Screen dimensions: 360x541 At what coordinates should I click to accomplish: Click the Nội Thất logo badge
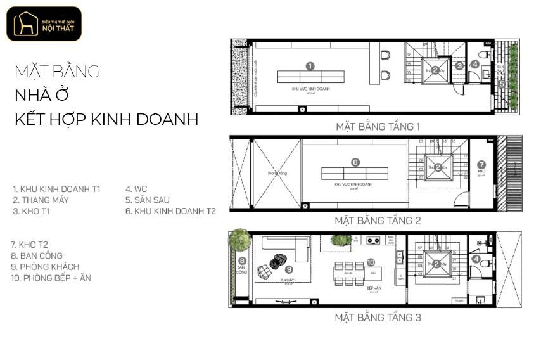pyautogui.click(x=44, y=24)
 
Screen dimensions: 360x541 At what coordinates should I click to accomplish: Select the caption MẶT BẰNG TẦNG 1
pyautogui.click(x=378, y=127)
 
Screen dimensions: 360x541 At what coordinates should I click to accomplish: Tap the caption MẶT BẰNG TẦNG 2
pyautogui.click(x=378, y=221)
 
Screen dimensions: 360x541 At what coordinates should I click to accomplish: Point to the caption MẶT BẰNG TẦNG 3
pyautogui.click(x=378, y=318)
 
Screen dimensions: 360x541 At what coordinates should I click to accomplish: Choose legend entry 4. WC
pyautogui.click(x=137, y=189)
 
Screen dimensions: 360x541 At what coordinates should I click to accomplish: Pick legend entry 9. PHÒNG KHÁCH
pyautogui.click(x=46, y=267)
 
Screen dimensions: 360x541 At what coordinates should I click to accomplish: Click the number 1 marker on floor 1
pyautogui.click(x=310, y=66)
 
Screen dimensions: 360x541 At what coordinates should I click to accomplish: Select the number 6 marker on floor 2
pyautogui.click(x=355, y=162)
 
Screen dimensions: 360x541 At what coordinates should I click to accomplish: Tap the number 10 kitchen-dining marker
pyautogui.click(x=371, y=262)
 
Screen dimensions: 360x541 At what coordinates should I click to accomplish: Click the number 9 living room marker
pyautogui.click(x=289, y=269)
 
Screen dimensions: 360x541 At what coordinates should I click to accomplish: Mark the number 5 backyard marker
pyautogui.click(x=501, y=83)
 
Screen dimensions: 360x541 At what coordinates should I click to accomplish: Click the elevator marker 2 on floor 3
pyautogui.click(x=436, y=264)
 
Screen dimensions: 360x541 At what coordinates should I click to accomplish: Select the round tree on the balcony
pyautogui.click(x=240, y=240)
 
